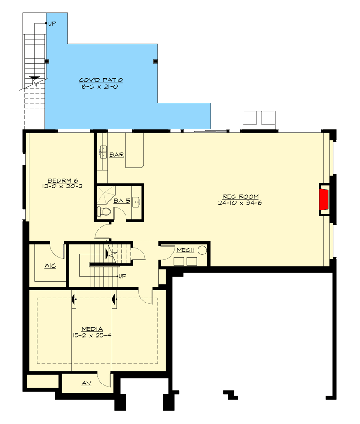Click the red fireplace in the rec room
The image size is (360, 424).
(324, 200)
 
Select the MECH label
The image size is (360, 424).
(185, 250)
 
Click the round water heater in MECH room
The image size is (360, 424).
(202, 250)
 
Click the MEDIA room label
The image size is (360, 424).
(93, 328)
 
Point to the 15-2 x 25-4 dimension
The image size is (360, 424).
(93, 335)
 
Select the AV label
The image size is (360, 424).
(87, 383)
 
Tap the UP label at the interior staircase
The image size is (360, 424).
(121, 276)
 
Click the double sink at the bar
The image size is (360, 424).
(102, 152)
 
